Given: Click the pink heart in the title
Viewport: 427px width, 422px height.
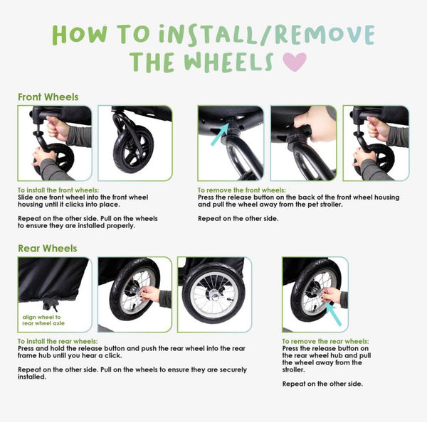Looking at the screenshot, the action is [x=295, y=62].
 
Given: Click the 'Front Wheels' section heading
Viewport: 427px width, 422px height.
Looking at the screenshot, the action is [x=48, y=97].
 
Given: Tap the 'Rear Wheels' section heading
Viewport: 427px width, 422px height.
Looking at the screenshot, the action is [x=48, y=248].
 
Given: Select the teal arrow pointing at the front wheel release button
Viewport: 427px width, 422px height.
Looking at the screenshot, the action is [x=220, y=134].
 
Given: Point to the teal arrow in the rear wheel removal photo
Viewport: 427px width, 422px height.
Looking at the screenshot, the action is [x=333, y=314].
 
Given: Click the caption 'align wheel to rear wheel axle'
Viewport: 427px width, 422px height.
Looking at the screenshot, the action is [x=43, y=320].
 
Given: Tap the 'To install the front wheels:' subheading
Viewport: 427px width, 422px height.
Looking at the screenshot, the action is [x=58, y=190].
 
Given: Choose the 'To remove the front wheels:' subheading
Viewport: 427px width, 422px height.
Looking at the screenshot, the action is [x=242, y=190].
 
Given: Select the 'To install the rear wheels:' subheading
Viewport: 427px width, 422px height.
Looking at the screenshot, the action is [x=58, y=341].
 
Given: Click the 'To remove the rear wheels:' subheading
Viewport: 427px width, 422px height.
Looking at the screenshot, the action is [x=325, y=341].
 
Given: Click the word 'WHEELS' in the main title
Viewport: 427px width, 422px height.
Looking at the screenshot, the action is [x=228, y=63].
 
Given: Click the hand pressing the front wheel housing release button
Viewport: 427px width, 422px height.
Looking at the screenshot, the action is [x=315, y=124].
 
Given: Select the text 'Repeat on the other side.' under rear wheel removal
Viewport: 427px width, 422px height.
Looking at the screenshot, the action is [x=322, y=384].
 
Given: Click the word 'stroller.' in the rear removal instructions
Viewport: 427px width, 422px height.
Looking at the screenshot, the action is [x=293, y=369].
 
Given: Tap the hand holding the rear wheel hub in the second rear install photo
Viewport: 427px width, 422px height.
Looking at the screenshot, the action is [x=149, y=294].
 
